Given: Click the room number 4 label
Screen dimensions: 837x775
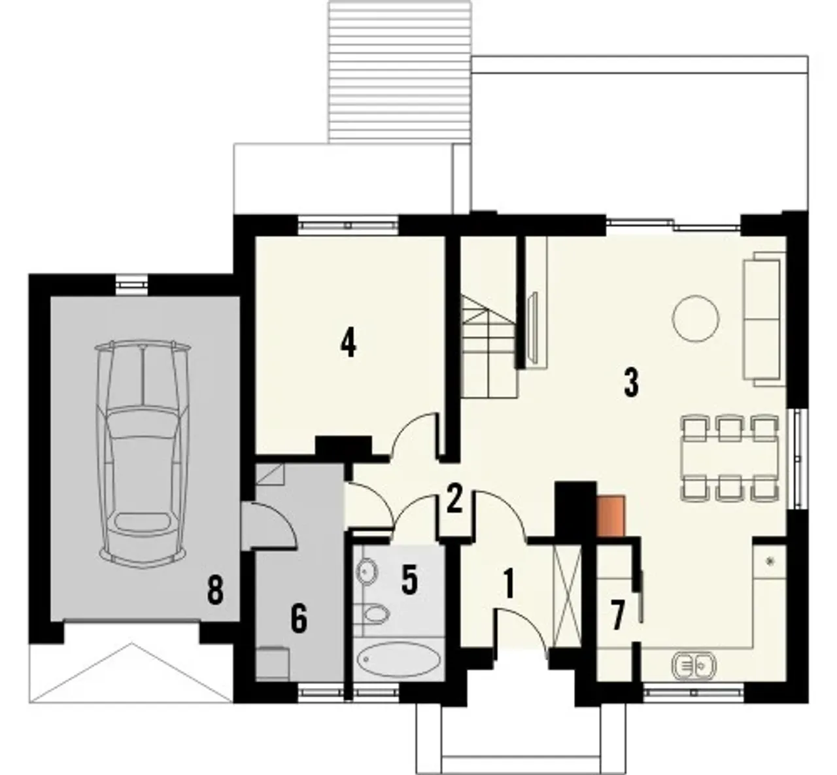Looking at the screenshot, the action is coord(348,343).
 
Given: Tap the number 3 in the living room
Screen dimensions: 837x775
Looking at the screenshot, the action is coord(631,383).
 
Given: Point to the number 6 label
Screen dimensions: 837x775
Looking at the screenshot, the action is coord(299,619).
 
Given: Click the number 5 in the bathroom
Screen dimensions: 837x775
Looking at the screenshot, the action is coord(409,579).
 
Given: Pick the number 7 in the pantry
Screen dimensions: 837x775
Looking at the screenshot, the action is coord(617,615).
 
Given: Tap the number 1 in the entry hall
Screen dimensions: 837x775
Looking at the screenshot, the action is coord(509,583).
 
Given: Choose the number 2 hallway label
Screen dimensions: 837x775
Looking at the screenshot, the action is coord(454,498).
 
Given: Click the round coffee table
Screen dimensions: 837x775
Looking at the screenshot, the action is coord(695,319).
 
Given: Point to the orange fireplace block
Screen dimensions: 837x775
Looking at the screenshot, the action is coord(611,516).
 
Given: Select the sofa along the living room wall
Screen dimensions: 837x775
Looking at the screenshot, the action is coord(764,319).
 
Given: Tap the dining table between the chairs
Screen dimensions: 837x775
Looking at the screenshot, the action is coord(730,457).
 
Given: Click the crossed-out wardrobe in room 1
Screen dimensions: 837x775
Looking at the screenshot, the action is coord(568,593).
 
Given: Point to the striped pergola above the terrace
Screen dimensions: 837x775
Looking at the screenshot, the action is coord(400,72).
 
